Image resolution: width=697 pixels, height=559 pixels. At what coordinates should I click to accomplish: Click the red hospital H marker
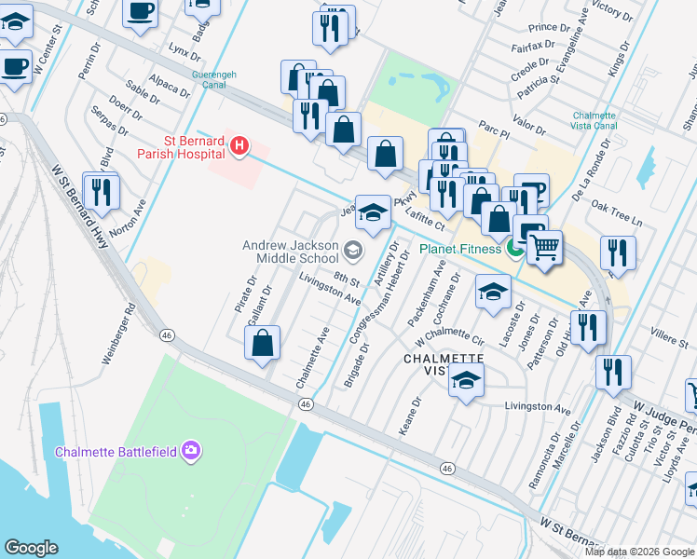point(239,145)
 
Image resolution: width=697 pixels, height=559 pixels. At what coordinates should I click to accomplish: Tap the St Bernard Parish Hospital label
point(181,147)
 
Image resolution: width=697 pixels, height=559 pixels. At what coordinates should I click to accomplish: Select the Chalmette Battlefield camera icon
point(191,451)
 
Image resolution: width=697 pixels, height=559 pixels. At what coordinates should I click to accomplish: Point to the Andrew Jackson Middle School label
point(290,252)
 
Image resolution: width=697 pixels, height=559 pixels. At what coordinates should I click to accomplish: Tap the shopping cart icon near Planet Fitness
point(545,248)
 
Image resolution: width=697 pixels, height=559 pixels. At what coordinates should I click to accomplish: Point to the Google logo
point(31,548)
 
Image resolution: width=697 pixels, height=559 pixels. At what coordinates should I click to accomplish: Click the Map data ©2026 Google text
point(639,552)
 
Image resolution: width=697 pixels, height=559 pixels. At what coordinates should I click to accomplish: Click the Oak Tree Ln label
point(618,219)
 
